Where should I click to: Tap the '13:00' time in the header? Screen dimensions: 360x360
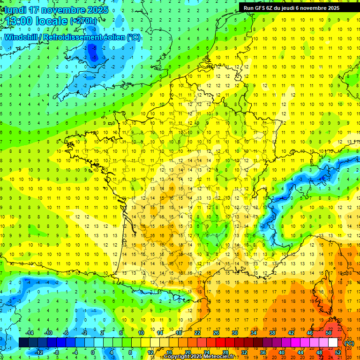(19, 21)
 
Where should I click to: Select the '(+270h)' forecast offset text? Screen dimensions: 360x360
(83, 21)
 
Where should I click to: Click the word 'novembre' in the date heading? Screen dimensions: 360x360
(59, 10)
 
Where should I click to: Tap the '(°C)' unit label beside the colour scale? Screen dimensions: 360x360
(349, 343)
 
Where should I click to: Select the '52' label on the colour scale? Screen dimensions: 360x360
(337, 352)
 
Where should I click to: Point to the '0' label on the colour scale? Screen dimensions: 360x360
(93, 352)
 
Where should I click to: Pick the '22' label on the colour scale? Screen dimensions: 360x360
(197, 333)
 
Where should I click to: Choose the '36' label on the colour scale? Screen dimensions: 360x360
(262, 352)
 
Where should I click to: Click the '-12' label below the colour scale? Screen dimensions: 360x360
(38, 352)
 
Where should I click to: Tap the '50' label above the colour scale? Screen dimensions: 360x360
(328, 333)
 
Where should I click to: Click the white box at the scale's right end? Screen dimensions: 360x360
(333, 343)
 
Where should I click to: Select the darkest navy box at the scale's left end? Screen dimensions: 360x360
(24, 343)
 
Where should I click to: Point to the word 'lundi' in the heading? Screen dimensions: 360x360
(15, 10)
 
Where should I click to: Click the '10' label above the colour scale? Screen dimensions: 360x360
(141, 333)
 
